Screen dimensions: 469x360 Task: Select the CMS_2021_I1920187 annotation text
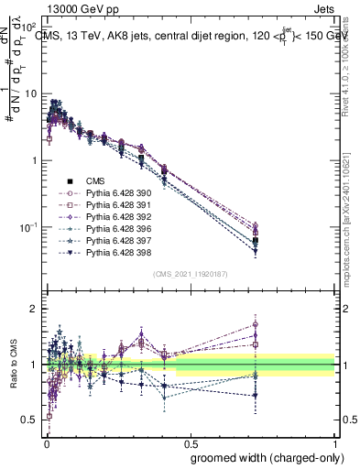190,274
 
